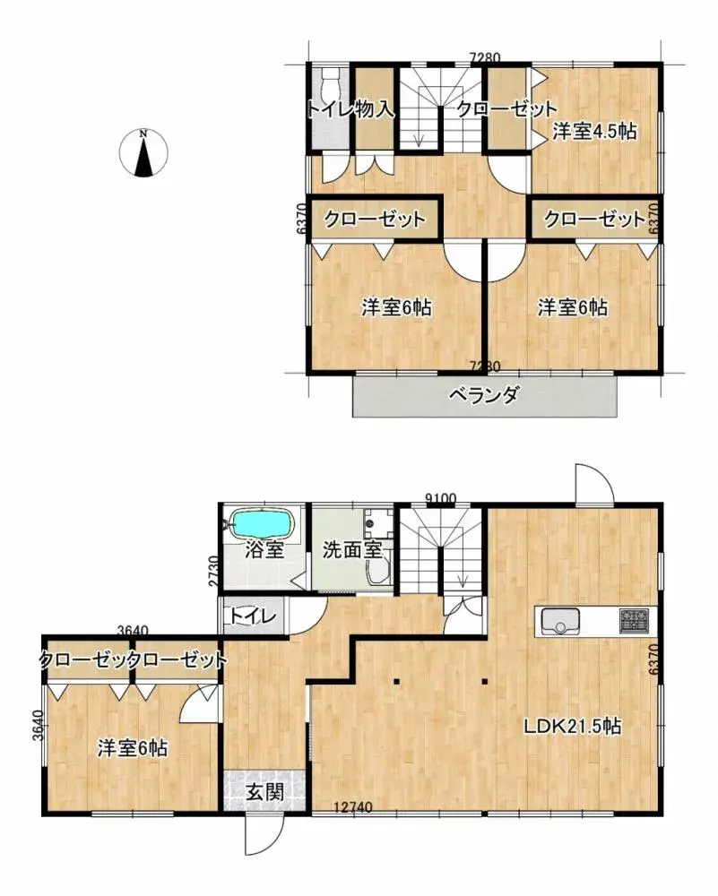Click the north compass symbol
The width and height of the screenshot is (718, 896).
143,153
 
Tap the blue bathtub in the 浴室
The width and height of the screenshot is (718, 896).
263,522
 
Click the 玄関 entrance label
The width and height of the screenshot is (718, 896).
265,792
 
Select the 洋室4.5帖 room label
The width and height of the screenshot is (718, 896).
594,132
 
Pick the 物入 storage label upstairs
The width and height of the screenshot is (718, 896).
374,109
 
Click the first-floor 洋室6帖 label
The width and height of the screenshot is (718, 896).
134,746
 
